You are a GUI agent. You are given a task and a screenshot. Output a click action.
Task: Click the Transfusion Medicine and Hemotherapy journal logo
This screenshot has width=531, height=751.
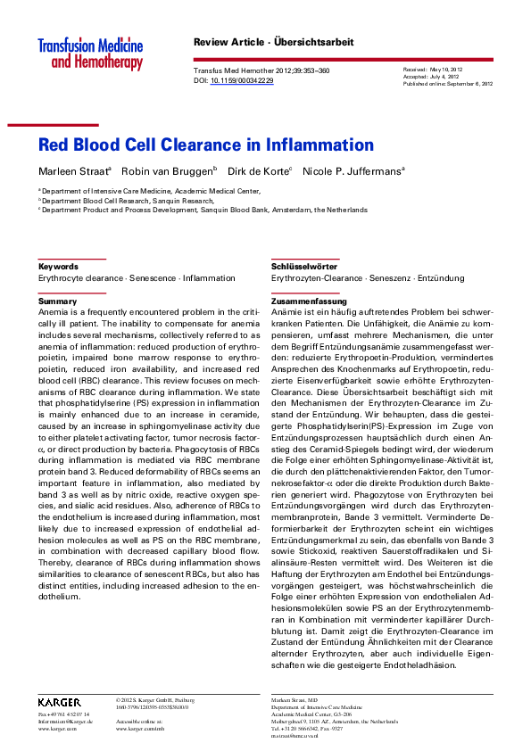pos(90,54)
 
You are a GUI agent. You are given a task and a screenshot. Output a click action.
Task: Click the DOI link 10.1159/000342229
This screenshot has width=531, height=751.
pos(242,81)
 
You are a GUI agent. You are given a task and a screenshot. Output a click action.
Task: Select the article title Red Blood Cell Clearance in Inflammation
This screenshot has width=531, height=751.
pos(205,145)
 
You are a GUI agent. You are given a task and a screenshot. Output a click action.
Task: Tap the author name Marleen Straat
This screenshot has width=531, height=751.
pos(83,170)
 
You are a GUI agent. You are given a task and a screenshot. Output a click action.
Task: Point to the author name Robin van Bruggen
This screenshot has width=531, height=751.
pos(179,170)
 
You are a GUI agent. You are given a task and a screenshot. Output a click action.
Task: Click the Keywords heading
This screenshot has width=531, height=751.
pos(58,267)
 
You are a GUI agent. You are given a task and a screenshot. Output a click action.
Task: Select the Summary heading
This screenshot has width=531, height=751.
pos(57,301)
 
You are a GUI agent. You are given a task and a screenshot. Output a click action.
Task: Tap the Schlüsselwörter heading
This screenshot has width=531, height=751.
pos(303,267)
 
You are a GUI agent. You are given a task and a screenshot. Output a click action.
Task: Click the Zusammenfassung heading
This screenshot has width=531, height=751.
pos(309,301)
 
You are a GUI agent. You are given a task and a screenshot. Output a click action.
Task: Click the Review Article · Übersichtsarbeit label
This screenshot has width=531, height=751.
pos(273,42)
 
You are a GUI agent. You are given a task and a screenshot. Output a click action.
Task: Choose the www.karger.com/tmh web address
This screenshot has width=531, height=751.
pos(140,729)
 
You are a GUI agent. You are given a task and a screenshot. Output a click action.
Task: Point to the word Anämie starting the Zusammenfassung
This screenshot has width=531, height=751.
pos(288,313)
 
